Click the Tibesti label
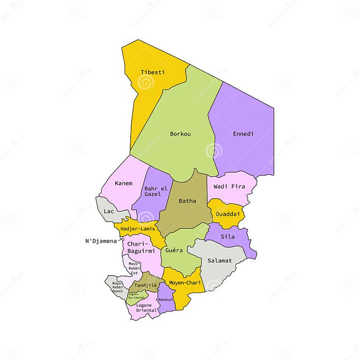point(152,72)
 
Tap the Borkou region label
point(180,134)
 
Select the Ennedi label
point(243,134)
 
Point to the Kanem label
point(123,183)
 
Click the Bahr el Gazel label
point(156,191)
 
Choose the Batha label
point(187,201)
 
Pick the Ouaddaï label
point(228,214)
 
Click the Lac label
point(109,211)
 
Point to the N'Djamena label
point(100,241)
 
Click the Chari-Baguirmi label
point(137,248)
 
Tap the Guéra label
point(174,250)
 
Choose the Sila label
point(228,237)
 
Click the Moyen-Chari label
point(185,283)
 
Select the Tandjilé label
point(146,285)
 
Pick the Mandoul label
point(165,300)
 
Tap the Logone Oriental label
point(144,308)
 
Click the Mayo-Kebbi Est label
point(134,268)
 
